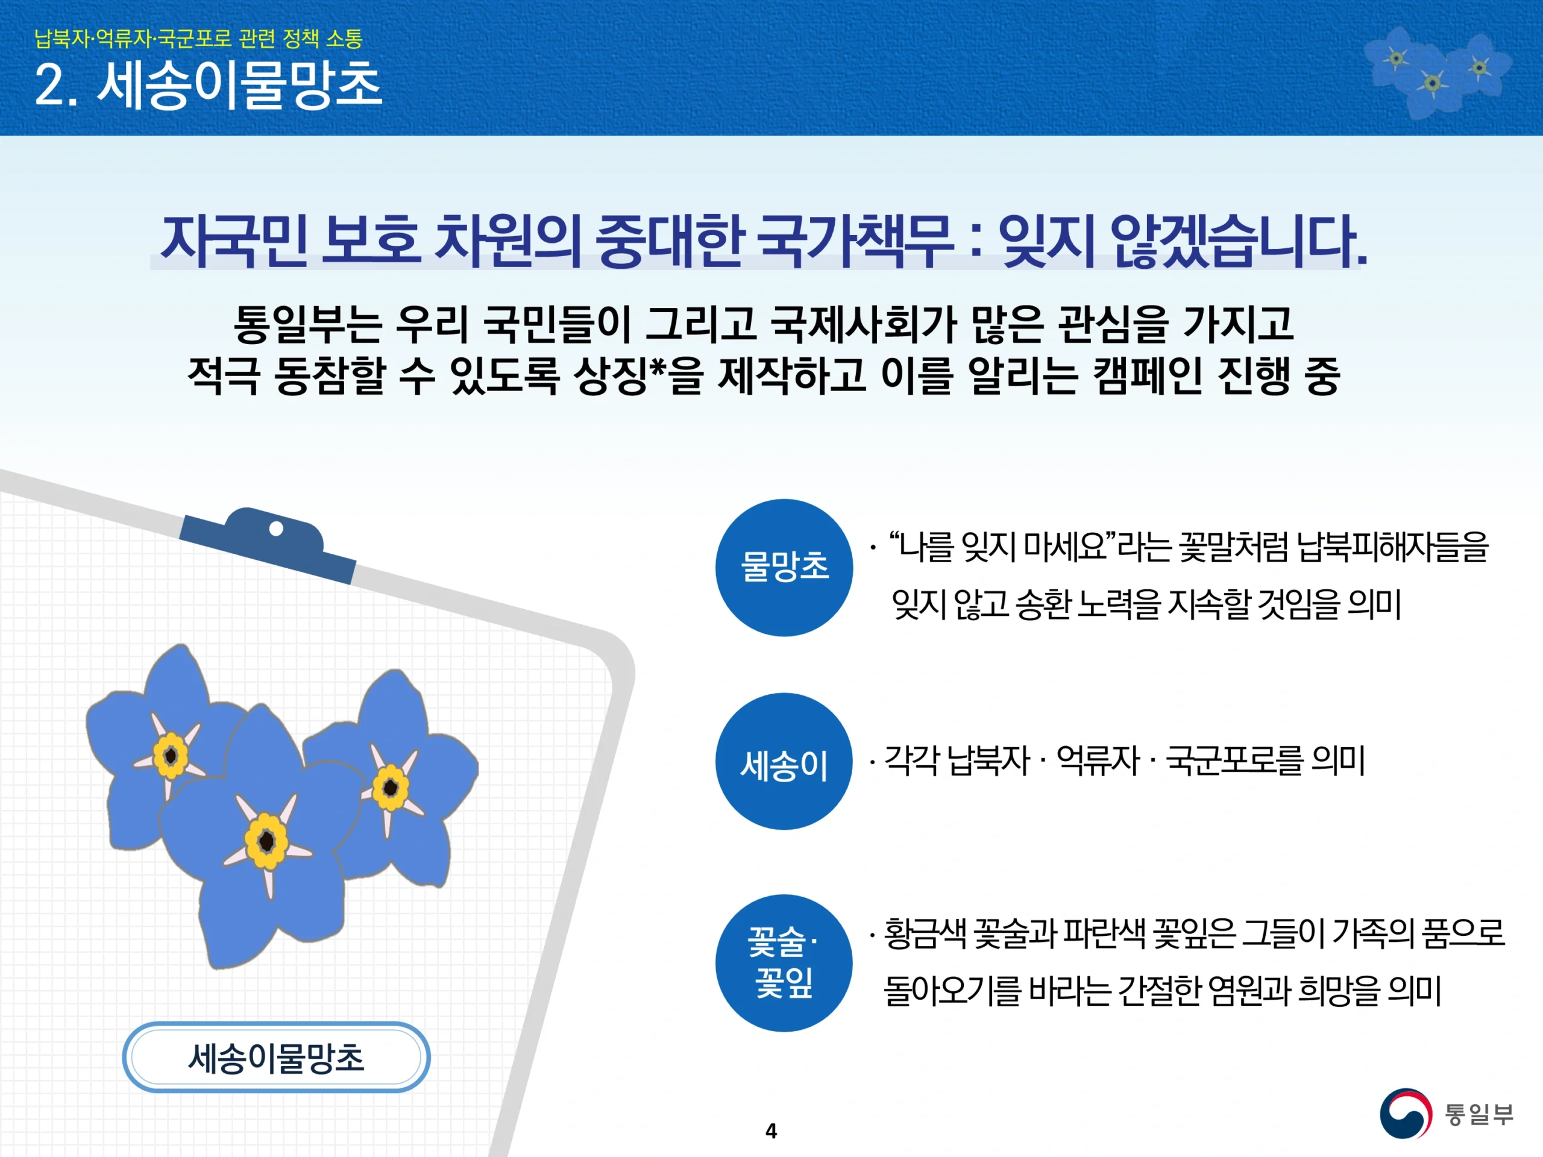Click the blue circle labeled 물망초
click(x=784, y=568)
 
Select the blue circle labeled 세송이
click(x=784, y=762)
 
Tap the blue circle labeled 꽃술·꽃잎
click(x=784, y=963)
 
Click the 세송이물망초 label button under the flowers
click(x=276, y=1058)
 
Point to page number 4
click(x=771, y=1130)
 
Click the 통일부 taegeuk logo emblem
click(x=1406, y=1114)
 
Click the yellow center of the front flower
click(x=266, y=841)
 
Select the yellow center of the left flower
click(x=170, y=755)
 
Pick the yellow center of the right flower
click(x=391, y=788)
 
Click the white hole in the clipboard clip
click(x=276, y=528)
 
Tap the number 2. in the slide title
click(x=56, y=86)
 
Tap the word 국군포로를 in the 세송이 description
click(x=1234, y=760)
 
